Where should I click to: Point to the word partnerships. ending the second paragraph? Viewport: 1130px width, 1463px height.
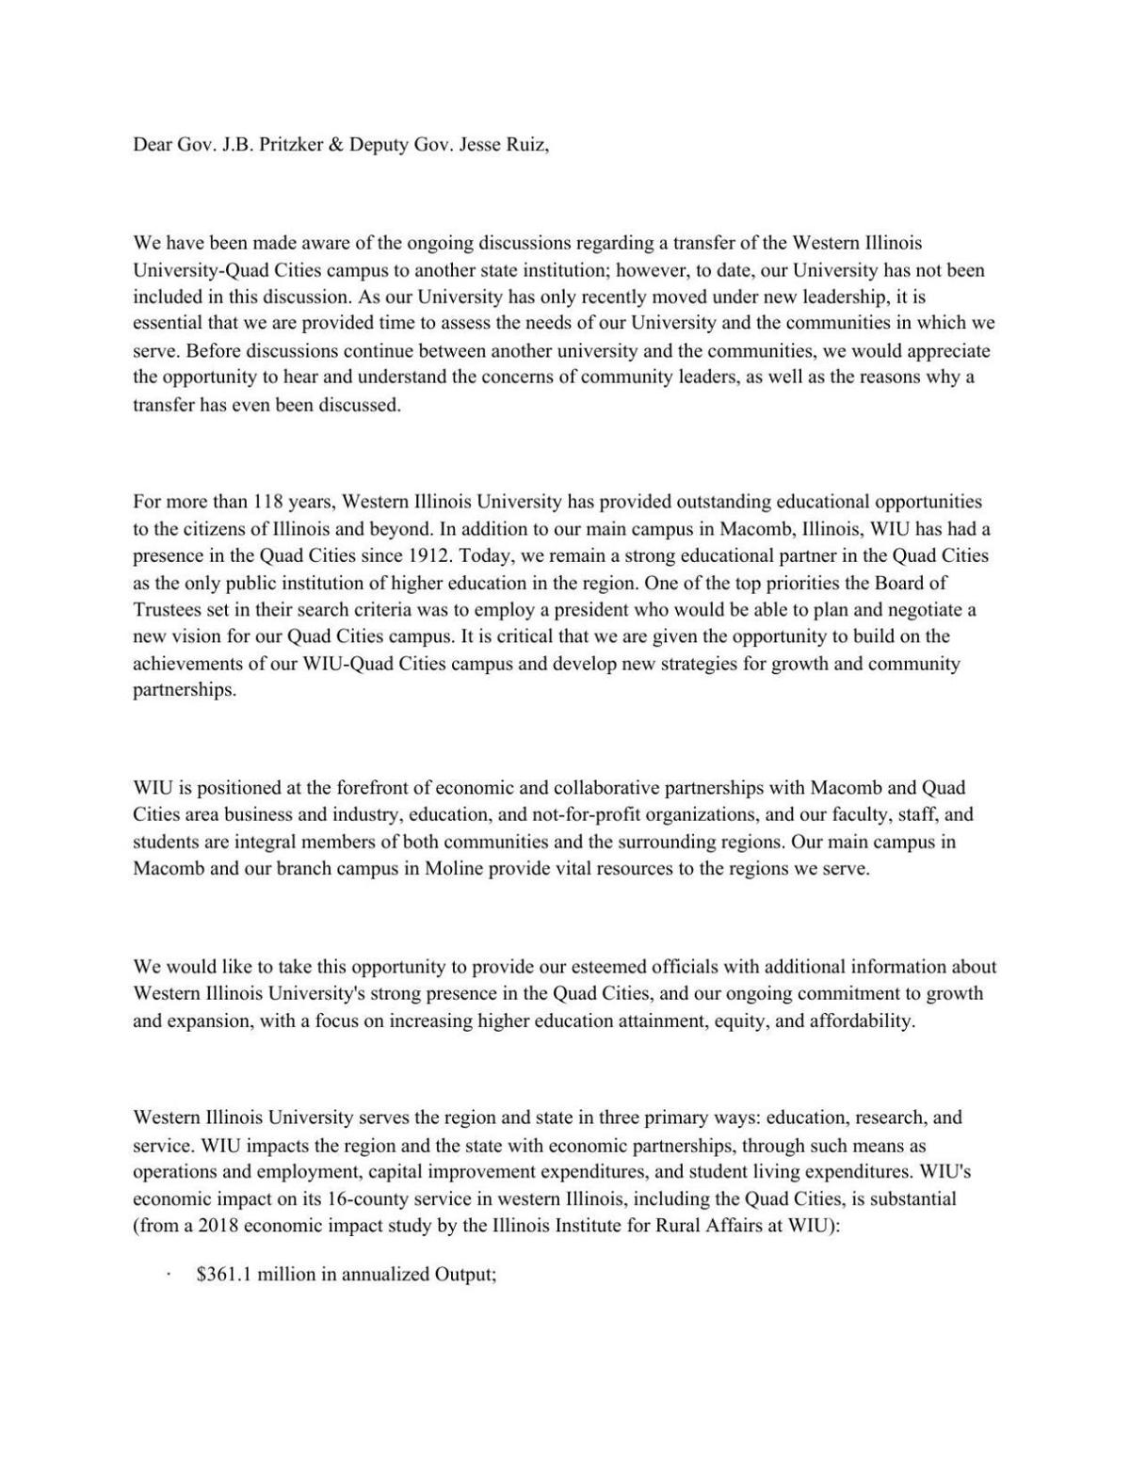point(185,690)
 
